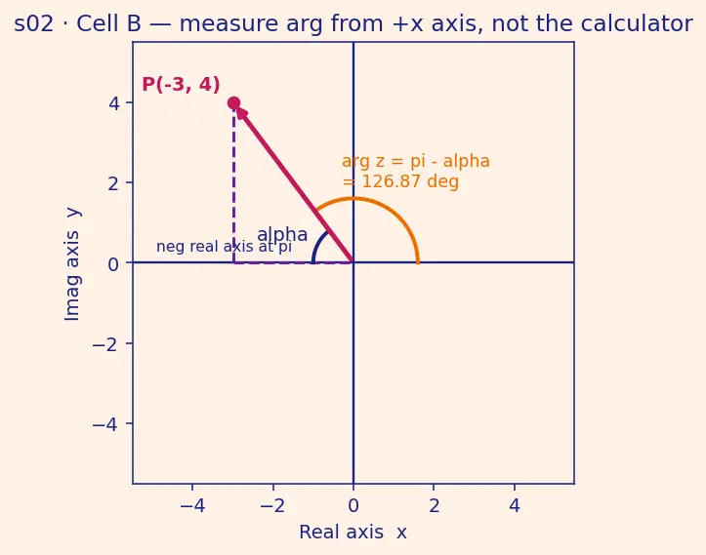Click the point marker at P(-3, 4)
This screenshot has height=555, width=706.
point(233,103)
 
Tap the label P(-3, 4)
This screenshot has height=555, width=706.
point(181,85)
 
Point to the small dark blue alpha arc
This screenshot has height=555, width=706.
point(317,244)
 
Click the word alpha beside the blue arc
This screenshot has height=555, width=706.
point(282,234)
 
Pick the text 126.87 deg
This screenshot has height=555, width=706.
point(410,181)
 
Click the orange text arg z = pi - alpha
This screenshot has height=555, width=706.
point(416,161)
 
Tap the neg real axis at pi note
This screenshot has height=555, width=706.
point(224,247)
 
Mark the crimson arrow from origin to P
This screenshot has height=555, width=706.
point(294,183)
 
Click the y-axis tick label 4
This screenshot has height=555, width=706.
point(114,103)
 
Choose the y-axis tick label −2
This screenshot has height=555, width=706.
point(106,344)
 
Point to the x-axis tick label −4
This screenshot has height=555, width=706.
point(192,506)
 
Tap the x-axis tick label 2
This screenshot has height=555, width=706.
point(434,506)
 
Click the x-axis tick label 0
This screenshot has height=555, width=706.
point(353,506)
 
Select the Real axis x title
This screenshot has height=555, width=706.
point(353,532)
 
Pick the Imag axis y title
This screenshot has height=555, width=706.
point(72,264)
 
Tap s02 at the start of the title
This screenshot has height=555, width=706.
point(34,23)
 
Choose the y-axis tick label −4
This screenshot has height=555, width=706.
point(106,424)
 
